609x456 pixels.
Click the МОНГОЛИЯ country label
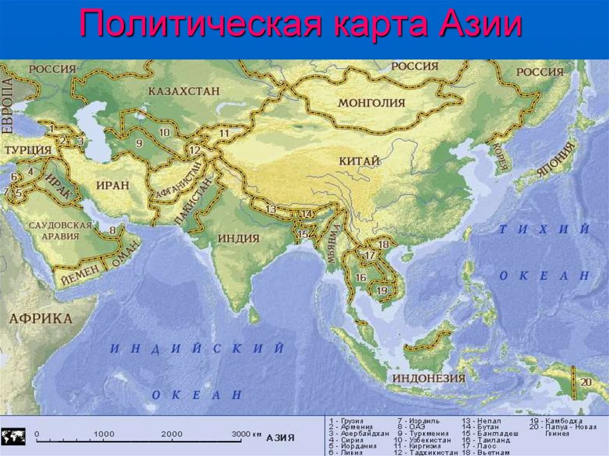(x=371, y=103)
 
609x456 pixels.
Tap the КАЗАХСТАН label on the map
(x=184, y=91)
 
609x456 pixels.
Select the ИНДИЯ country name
(x=238, y=238)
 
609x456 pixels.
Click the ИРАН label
(x=112, y=185)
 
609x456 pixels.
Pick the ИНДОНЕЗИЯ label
(x=428, y=378)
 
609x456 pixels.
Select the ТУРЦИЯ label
(x=27, y=150)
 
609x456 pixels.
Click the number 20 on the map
(x=586, y=382)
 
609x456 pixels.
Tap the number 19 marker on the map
(x=382, y=290)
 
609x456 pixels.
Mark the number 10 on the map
(x=164, y=132)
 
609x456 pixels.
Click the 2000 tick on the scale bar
(x=171, y=435)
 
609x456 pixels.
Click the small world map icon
(x=13, y=436)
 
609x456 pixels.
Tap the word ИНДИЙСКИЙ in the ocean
(x=197, y=349)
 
